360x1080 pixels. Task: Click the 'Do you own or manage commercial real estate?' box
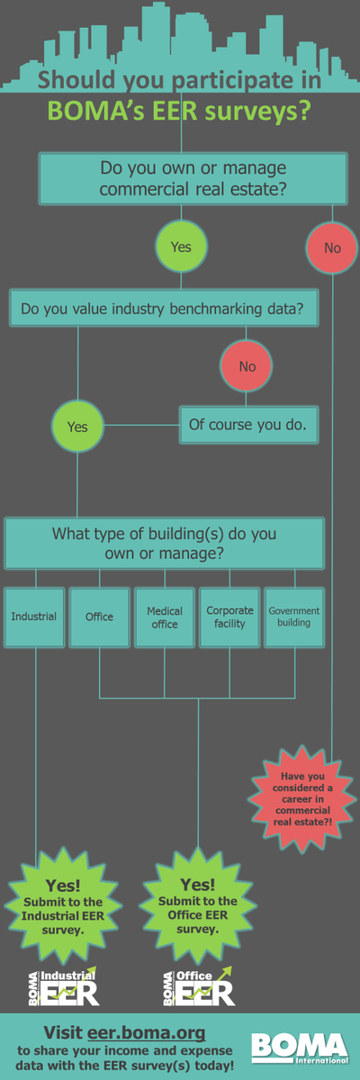pos(193,179)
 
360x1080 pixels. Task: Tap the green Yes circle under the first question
pos(181,247)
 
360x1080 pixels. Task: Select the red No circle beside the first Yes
pos(332,247)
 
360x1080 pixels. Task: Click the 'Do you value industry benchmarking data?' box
pos(164,308)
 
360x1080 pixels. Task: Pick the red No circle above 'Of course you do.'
pos(247,366)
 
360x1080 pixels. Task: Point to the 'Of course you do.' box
pos(248,425)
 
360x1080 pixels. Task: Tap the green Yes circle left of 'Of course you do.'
pos(77,427)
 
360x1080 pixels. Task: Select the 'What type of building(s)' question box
pos(165,544)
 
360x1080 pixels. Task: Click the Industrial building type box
pos(34,617)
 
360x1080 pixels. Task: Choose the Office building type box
pos(99,617)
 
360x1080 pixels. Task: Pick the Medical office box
pos(165,617)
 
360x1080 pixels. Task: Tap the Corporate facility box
pos(229,617)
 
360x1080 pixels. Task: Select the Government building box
pos(294,617)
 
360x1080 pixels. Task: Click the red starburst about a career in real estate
pos(302,799)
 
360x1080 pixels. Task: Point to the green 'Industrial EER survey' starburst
pos(63,906)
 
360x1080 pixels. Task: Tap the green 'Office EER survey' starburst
pos(198,905)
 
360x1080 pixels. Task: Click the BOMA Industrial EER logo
pos(64,987)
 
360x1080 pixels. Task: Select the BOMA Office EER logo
pos(199,987)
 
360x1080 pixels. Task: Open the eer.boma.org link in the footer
pos(146,1033)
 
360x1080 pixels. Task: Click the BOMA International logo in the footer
pos(300,1048)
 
